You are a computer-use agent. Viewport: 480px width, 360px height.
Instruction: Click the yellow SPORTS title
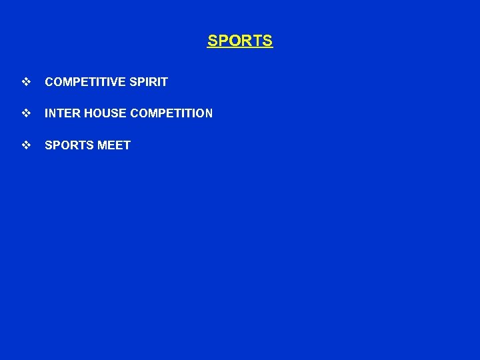[x=240, y=41]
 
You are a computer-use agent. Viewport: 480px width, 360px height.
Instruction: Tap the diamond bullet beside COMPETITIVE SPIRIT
[x=26, y=82]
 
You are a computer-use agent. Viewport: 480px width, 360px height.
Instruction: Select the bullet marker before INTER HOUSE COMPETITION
[x=26, y=113]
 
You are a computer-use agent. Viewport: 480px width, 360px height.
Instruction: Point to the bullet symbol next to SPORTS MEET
[x=26, y=145]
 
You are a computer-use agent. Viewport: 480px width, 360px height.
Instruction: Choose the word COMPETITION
[x=172, y=113]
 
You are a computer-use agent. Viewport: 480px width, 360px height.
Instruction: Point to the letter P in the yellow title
[x=224, y=41]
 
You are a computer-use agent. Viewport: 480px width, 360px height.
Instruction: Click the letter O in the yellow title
[x=235, y=41]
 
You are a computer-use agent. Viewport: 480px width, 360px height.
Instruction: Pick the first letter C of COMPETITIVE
[x=49, y=82]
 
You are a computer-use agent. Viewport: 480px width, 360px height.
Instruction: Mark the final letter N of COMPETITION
[x=209, y=113]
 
